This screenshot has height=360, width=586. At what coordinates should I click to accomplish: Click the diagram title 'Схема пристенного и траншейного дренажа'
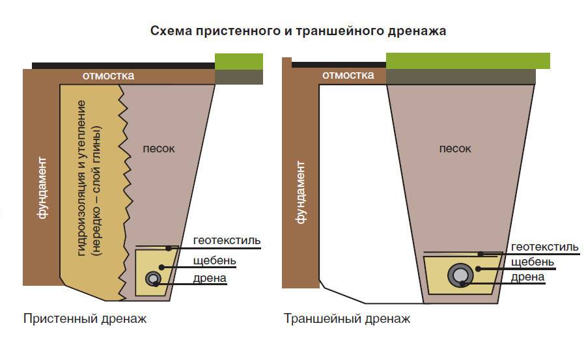[298, 31]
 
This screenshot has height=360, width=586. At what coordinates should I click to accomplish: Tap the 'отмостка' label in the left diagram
[108, 76]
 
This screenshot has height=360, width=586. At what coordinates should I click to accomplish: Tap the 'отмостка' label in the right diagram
[348, 76]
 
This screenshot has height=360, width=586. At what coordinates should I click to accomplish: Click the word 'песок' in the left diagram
[159, 148]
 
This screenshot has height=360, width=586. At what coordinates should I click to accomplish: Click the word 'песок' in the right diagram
[454, 148]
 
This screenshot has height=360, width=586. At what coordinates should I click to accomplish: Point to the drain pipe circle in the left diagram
[154, 279]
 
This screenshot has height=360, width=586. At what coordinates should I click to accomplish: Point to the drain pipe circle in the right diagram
[460, 275]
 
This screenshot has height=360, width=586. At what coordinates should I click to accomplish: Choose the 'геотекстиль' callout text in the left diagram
[227, 241]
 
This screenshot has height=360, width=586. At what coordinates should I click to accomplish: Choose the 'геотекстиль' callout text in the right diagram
[544, 247]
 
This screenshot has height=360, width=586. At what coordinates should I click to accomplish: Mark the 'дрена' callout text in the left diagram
[210, 279]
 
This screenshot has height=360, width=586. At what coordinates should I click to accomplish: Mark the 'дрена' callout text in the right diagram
[527, 277]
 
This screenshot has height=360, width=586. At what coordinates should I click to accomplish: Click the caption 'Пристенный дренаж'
[85, 319]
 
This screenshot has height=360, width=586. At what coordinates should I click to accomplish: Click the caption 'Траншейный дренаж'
[346, 319]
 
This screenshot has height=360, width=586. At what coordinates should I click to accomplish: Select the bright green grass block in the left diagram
[239, 62]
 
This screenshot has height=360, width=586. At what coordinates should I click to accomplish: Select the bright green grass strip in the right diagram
[467, 61]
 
